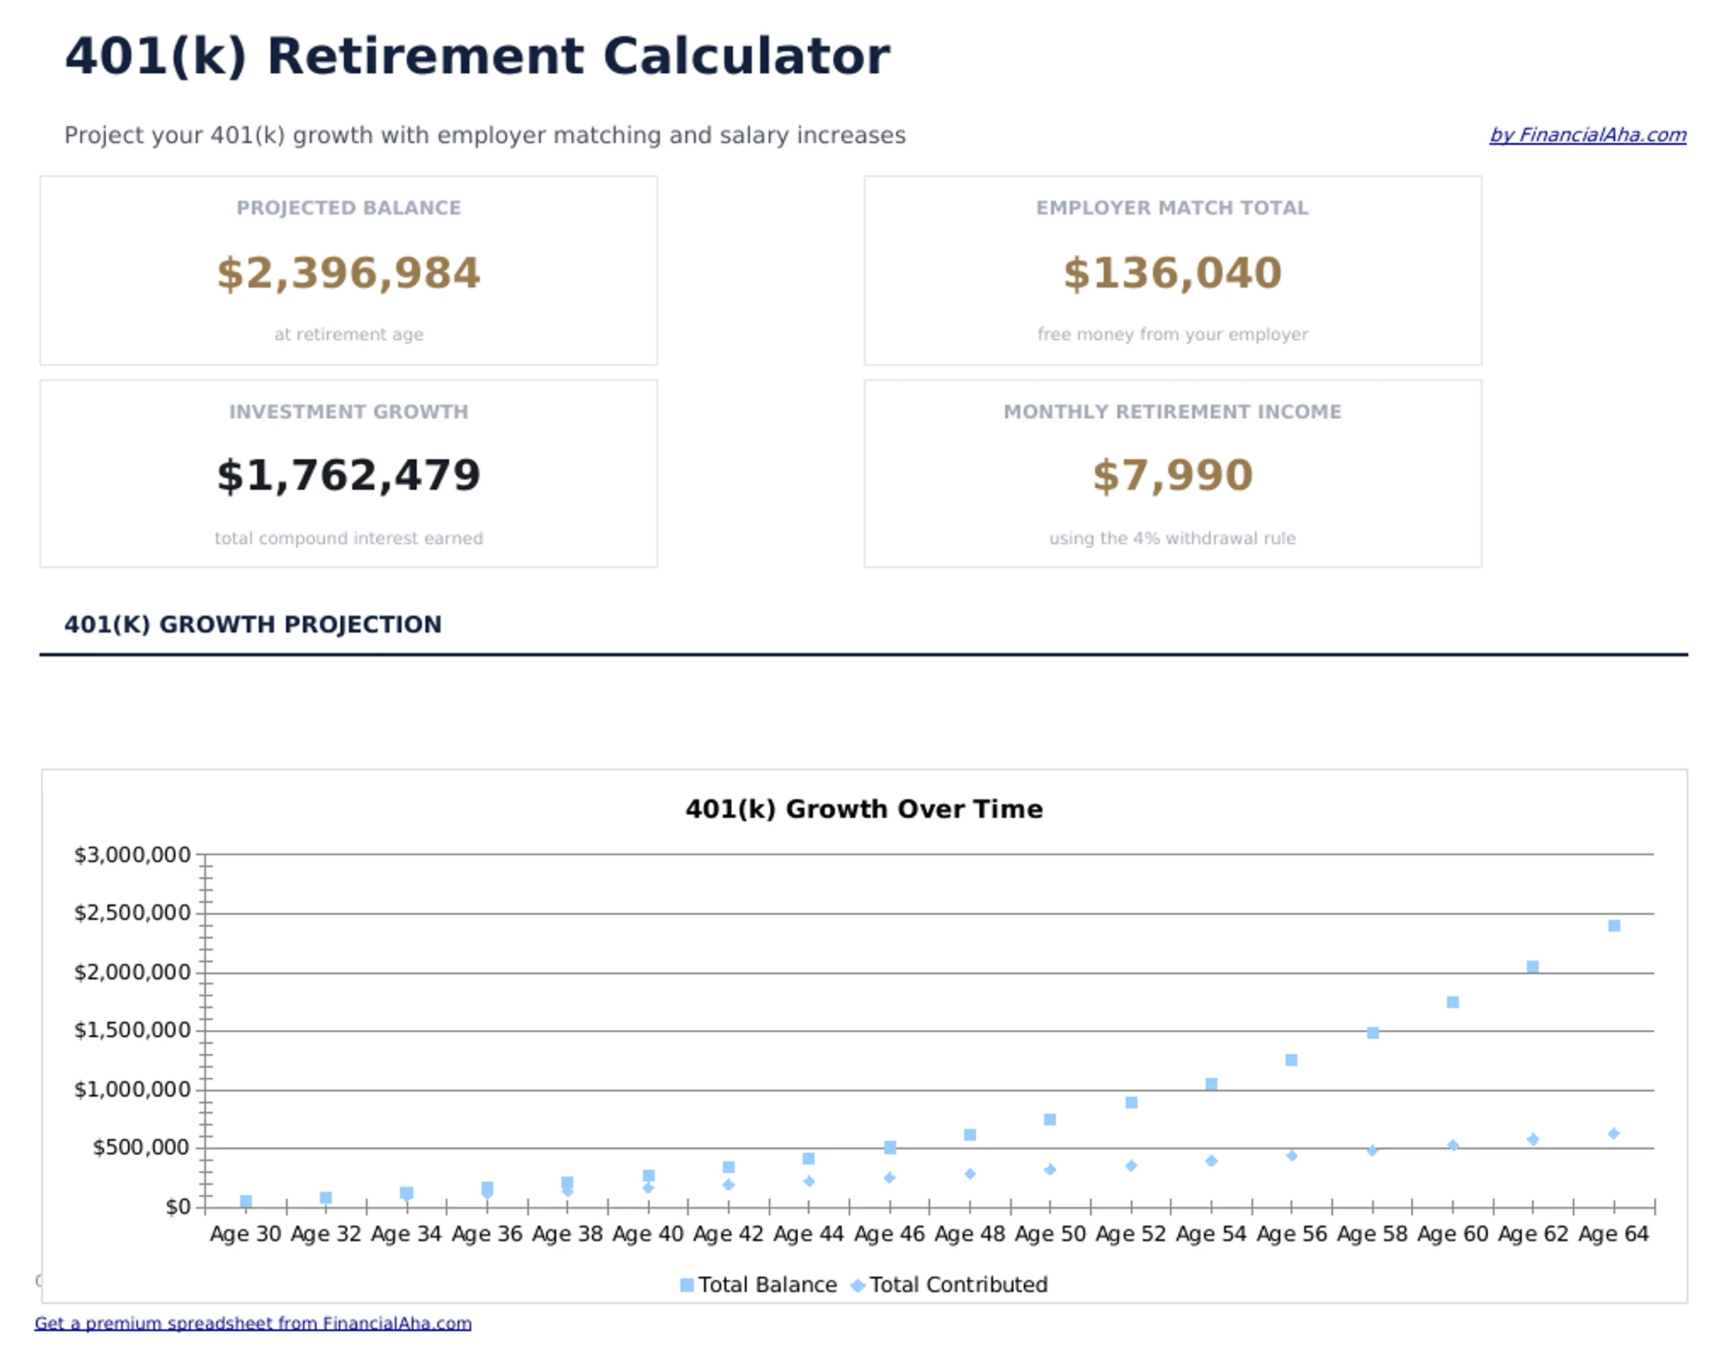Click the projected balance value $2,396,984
pos(348,273)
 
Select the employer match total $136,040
pos(1172,273)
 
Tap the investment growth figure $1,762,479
pos(348,476)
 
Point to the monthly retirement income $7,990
pos(1172,476)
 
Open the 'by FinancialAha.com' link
pos(1587,135)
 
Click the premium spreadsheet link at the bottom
pos(253,1324)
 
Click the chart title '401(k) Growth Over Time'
pos(863,809)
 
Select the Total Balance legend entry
pos(759,1285)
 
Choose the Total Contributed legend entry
pos(951,1285)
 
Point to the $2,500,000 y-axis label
pos(133,912)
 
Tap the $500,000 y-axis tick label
pos(141,1148)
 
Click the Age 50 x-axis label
pos(1050,1235)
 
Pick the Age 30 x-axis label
pos(245,1235)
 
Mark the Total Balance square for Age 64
pos(1614,925)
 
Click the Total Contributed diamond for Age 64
pos(1614,1133)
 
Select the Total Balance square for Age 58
pos(1372,1032)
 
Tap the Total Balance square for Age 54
pos(1211,1084)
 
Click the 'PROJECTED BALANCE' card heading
pos(348,207)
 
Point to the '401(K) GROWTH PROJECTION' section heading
pos(253,625)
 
